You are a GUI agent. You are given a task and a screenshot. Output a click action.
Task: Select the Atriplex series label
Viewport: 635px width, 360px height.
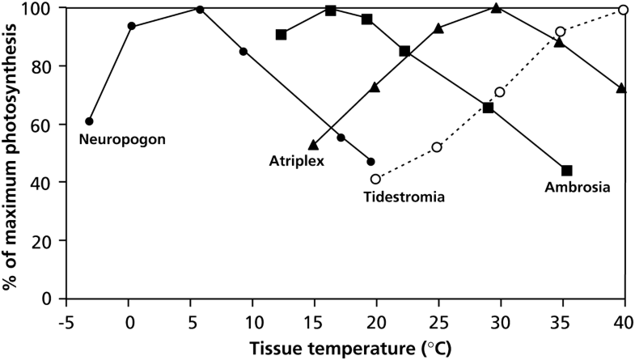click(x=297, y=161)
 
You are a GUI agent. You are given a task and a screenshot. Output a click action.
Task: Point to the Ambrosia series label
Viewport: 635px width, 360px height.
click(x=578, y=187)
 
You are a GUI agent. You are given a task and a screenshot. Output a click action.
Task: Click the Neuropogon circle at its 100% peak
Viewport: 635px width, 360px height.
click(x=200, y=9)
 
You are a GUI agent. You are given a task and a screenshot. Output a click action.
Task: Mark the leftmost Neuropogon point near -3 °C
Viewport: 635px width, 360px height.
click(x=89, y=121)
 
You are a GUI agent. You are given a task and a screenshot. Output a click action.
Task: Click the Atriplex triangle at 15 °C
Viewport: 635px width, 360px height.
click(x=313, y=145)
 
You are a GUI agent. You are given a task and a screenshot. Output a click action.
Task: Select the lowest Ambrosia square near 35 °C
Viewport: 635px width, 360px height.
click(x=567, y=170)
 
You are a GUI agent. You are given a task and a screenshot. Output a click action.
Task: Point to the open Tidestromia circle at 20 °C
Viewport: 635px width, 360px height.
click(x=375, y=179)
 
